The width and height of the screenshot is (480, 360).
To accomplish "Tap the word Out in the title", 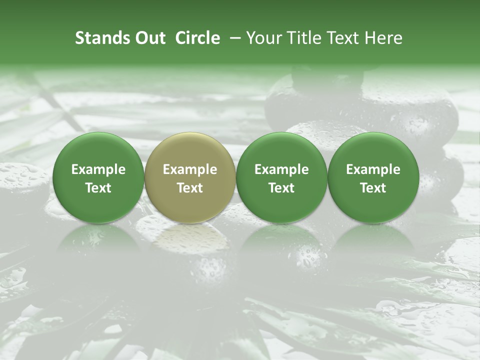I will pyautogui.click(x=149, y=38).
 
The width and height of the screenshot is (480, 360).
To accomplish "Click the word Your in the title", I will pyautogui.click(x=262, y=38).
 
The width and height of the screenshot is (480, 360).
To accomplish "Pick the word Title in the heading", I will pyautogui.click(x=300, y=38).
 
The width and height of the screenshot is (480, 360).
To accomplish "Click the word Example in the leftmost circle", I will pyautogui.click(x=98, y=169).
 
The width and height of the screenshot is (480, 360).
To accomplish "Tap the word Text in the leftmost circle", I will pyautogui.click(x=98, y=188).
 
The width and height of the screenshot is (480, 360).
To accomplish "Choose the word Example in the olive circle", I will pyautogui.click(x=190, y=169).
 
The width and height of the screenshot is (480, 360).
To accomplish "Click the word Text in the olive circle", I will pyautogui.click(x=190, y=188).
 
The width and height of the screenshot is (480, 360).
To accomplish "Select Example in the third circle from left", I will pyautogui.click(x=281, y=169).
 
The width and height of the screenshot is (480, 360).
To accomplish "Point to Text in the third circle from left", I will pyautogui.click(x=281, y=188).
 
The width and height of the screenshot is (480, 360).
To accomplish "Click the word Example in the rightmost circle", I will pyautogui.click(x=373, y=169).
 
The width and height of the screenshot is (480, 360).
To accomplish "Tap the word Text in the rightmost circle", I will pyautogui.click(x=373, y=188).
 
